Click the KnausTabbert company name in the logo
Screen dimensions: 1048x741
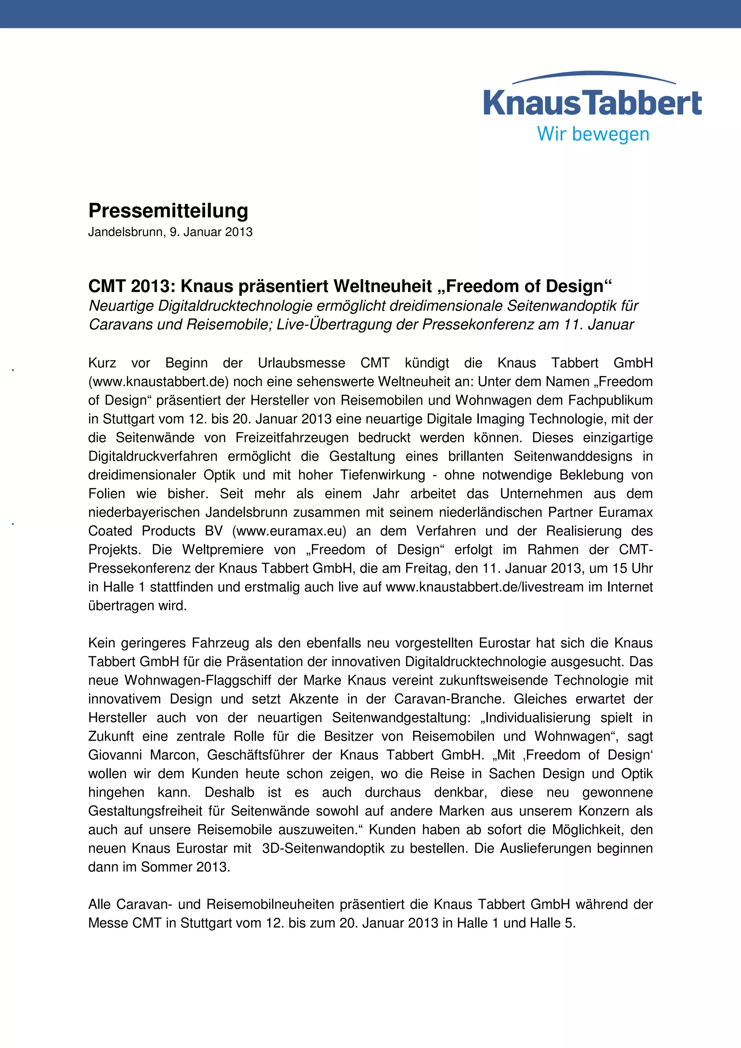[x=592, y=103]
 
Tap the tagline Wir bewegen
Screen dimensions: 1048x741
[x=593, y=134]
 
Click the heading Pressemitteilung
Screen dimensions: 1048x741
[x=168, y=211]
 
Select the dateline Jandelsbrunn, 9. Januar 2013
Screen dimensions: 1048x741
[x=170, y=232]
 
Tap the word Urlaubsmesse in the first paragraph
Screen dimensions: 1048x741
[x=301, y=363]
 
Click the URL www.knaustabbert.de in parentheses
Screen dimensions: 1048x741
[x=158, y=382]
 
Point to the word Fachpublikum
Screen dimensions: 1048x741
[x=610, y=401]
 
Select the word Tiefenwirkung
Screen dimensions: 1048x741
[x=382, y=475]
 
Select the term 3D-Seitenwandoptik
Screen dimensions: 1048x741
[x=323, y=848]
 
